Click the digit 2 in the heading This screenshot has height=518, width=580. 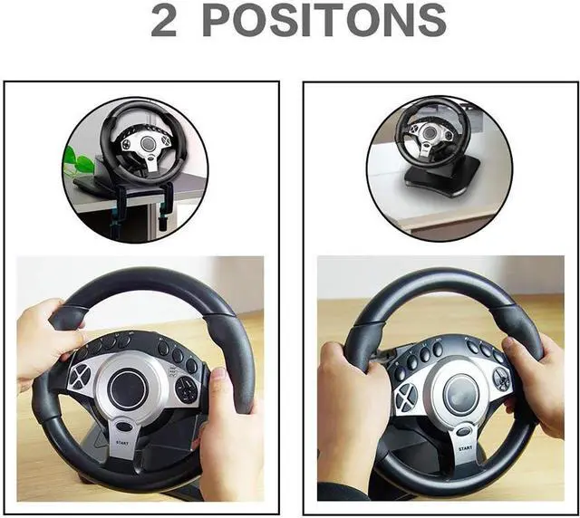click(163, 20)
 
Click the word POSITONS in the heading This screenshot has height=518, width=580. click(324, 20)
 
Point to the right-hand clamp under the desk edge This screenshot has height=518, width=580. click(164, 205)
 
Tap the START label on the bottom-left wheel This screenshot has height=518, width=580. click(122, 442)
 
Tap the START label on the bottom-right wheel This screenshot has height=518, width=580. click(465, 448)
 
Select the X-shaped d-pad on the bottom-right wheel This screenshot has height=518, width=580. click(406, 398)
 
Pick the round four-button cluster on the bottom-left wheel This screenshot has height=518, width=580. click(187, 389)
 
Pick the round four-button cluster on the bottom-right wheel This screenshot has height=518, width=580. click(501, 379)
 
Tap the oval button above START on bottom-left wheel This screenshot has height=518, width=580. click(124, 427)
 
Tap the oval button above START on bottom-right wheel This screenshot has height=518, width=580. click(463, 432)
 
